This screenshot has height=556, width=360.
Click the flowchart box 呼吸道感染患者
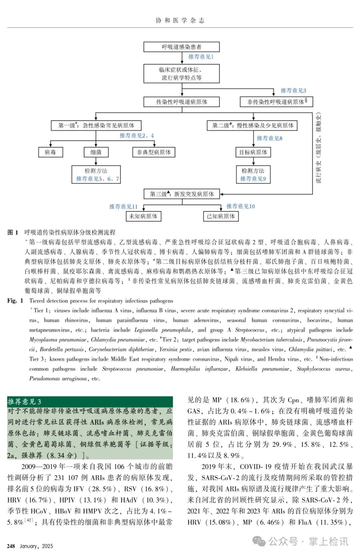(x=181, y=47)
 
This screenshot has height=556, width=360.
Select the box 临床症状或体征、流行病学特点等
(x=181, y=74)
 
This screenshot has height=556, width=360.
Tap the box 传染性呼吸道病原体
(x=181, y=102)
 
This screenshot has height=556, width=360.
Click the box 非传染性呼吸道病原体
(x=276, y=102)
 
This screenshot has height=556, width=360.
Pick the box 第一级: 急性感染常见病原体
(x=96, y=125)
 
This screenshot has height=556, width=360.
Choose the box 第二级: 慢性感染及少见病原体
(x=252, y=125)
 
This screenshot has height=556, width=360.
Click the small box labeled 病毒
(x=50, y=152)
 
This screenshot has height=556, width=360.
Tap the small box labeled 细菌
(x=96, y=152)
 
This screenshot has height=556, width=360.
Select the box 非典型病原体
(x=154, y=152)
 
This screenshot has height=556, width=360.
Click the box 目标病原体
(x=253, y=152)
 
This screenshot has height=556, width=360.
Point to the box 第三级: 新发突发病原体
(x=182, y=194)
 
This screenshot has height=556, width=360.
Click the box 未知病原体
(x=143, y=216)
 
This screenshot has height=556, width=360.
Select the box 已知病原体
(x=221, y=216)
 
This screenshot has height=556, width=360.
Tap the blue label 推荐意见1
(x=201, y=57)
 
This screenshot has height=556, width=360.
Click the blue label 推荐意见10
(x=241, y=206)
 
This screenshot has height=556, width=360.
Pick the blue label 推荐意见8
(x=269, y=138)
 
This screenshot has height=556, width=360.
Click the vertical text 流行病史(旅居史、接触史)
(x=319, y=148)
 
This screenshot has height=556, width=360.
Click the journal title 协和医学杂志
(x=180, y=20)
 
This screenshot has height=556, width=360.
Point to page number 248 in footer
(x=11, y=546)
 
